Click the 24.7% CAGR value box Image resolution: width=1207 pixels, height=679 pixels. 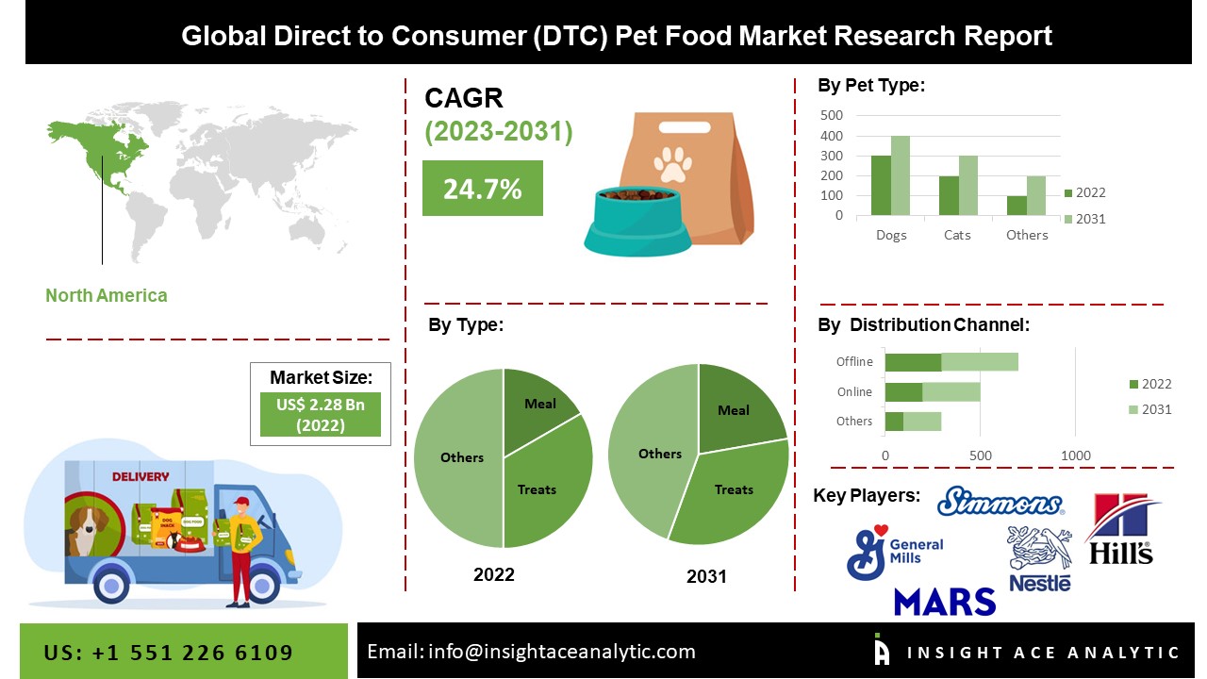482,189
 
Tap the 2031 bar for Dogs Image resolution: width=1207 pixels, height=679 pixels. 901,176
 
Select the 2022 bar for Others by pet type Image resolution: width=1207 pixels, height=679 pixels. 1017,206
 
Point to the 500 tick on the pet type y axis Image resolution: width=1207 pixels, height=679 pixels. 832,115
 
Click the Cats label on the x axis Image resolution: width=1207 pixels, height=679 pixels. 957,235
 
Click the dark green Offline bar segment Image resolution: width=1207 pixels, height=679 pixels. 913,362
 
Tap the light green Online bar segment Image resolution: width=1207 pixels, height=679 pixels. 951,392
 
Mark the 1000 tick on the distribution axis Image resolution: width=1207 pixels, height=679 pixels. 1076,456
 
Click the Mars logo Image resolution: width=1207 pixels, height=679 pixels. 945,601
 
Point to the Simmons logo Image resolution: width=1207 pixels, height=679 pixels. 1000,502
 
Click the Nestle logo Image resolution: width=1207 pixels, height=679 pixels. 1040,558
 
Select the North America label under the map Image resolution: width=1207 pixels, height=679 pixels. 107,295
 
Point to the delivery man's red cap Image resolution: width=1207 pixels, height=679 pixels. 241,501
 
